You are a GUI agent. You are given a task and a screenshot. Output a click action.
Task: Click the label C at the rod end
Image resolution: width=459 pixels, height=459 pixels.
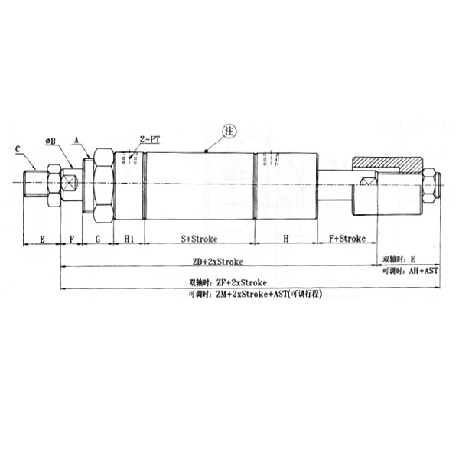18,150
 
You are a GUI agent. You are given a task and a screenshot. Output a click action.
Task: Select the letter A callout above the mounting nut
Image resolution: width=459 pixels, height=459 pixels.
76,141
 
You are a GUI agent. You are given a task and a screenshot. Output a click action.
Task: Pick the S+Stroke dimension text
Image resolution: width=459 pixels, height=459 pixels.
199,239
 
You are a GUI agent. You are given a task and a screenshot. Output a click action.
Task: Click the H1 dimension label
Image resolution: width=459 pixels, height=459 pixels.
129,239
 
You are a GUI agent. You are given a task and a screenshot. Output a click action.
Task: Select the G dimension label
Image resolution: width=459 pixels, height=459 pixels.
98,239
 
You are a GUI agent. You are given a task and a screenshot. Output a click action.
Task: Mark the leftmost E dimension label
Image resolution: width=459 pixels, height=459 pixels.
42,239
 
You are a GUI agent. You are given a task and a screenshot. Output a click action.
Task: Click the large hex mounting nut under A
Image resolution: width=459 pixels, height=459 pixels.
103,185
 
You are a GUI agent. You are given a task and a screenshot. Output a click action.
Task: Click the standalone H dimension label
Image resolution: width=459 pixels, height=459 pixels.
285,239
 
